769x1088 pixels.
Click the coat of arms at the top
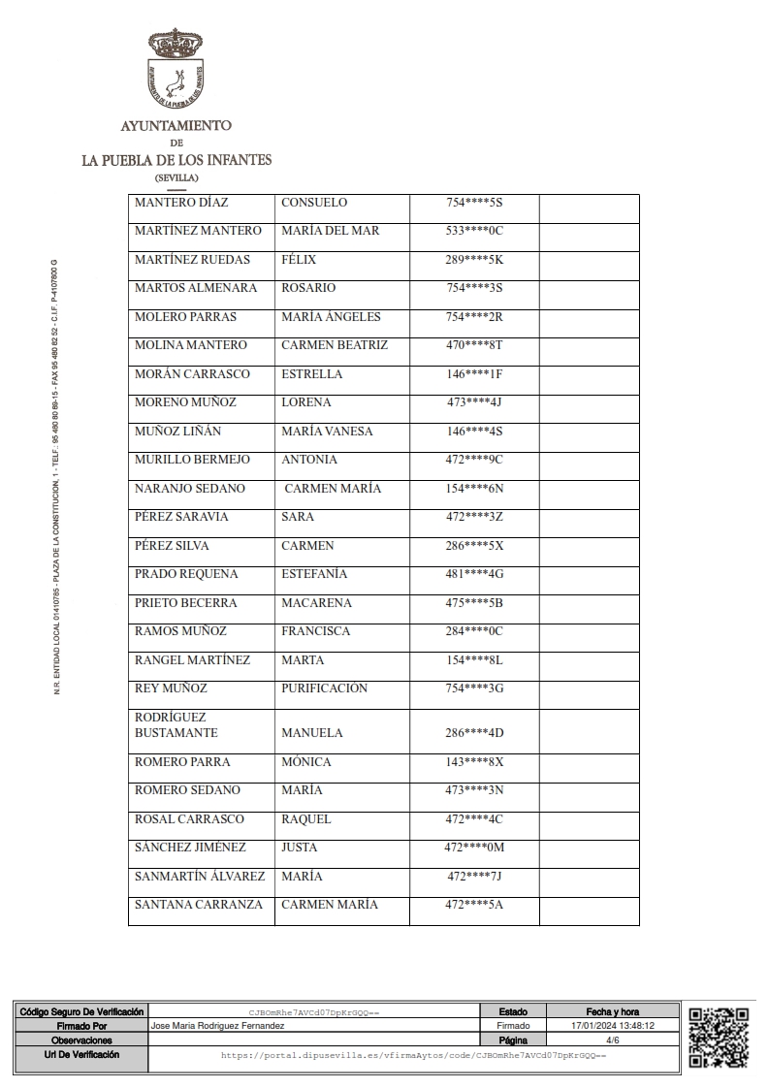coord(176,68)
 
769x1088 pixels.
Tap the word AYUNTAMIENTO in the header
coord(176,126)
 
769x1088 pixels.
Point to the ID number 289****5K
coord(474,260)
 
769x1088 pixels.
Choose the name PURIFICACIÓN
coord(324,688)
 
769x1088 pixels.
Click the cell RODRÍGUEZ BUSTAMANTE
coord(176,725)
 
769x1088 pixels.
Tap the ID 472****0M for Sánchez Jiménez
coord(474,848)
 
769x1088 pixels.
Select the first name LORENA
coord(305,402)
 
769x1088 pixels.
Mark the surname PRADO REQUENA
coord(185,574)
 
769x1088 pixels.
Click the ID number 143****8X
coord(474,762)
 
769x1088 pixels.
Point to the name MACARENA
coord(316,603)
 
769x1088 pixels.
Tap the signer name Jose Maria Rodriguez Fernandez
coord(219,1025)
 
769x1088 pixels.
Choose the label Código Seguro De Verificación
coord(81,1011)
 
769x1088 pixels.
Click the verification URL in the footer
coord(413,1054)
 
